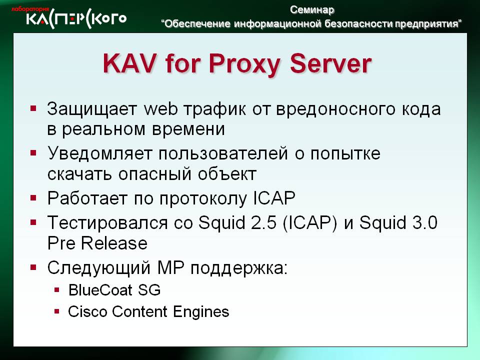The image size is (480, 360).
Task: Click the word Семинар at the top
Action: (x=312, y=10)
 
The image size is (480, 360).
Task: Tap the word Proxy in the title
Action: (x=244, y=64)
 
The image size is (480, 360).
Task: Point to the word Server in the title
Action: (x=330, y=63)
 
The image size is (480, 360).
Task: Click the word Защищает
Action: (x=92, y=109)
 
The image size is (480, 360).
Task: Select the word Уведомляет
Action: (x=100, y=153)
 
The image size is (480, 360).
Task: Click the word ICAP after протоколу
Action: (x=274, y=198)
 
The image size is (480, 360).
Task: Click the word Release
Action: (x=114, y=243)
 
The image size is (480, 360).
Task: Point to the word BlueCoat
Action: (x=100, y=290)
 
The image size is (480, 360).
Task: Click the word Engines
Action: (x=201, y=312)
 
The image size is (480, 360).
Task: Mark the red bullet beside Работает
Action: (x=33, y=198)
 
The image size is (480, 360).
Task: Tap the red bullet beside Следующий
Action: (x=33, y=267)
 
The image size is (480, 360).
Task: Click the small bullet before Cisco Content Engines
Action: (x=56, y=311)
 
